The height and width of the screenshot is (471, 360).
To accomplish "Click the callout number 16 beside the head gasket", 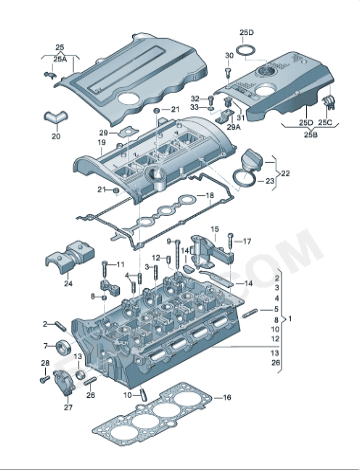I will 227,397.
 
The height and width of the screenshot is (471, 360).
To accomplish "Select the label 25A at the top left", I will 60,59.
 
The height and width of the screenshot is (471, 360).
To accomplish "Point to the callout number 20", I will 55,135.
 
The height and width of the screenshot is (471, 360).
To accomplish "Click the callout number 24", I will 68,283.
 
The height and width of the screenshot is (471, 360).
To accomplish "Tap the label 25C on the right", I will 325,122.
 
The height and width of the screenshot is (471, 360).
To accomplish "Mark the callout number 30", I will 229,56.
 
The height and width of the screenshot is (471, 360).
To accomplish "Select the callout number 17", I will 247,241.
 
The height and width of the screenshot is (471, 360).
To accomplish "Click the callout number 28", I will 44,362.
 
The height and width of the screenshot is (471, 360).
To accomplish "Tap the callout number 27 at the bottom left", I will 68,407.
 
